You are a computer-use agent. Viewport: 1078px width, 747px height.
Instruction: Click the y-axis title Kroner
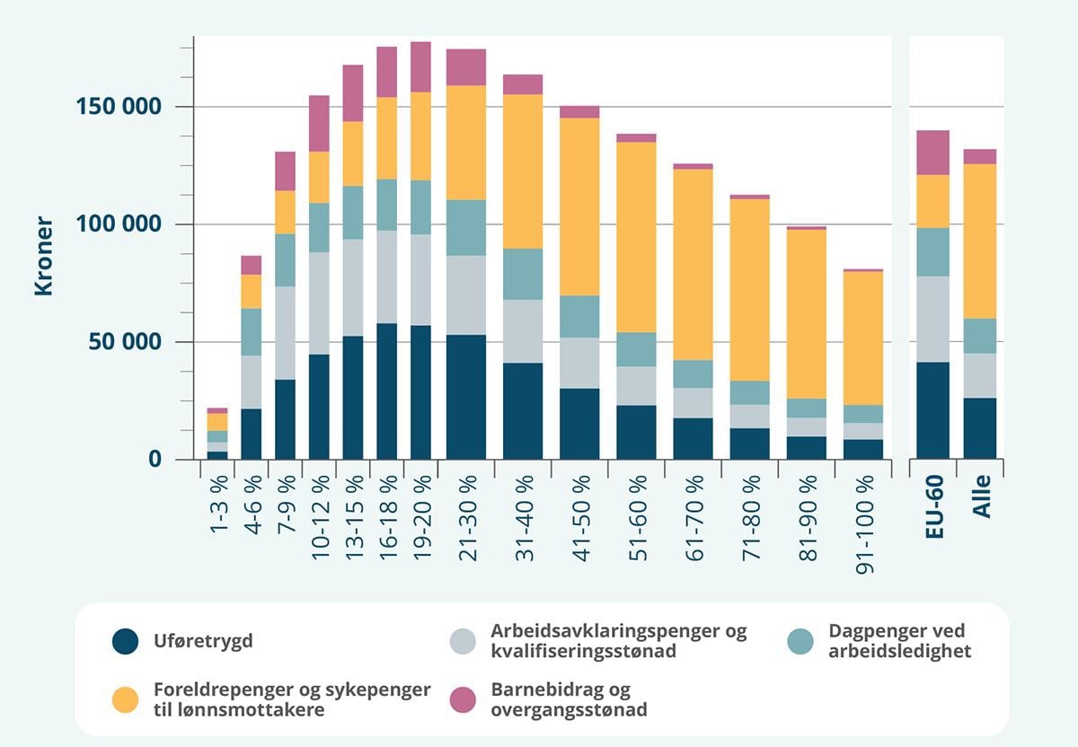coord(44,256)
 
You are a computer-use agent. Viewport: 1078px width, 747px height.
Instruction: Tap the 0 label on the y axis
coord(155,459)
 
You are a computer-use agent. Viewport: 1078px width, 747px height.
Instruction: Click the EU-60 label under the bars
coord(934,507)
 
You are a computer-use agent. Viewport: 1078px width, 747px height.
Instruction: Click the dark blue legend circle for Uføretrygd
coord(126,641)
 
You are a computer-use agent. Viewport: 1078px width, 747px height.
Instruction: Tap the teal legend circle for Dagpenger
coord(800,641)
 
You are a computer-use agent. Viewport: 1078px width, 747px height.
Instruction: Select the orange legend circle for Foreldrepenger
coord(126,700)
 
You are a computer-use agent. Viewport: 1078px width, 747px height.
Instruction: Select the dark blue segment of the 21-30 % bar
coord(467,397)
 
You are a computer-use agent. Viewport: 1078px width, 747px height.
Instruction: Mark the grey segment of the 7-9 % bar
coord(285,333)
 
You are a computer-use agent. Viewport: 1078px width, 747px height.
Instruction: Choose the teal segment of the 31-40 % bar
coord(523,274)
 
